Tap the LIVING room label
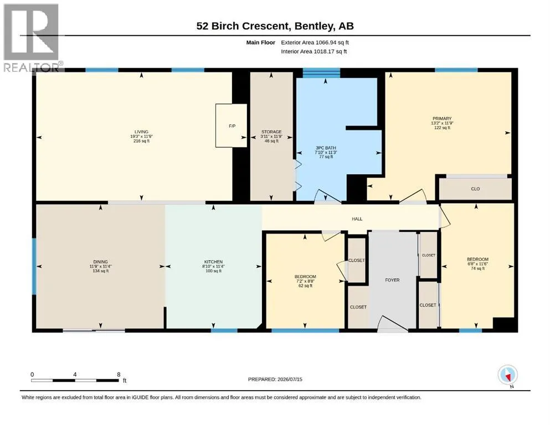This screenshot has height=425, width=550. click(x=141, y=132)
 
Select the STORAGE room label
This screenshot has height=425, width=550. click(x=271, y=132)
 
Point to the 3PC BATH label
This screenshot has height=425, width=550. click(x=326, y=148)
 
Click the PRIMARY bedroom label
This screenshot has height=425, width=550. click(x=442, y=119)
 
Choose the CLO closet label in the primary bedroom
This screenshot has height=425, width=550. click(x=475, y=189)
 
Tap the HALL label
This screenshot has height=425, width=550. click(x=357, y=219)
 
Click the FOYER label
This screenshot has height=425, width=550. click(x=392, y=281)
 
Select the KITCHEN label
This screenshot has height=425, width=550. click(x=213, y=262)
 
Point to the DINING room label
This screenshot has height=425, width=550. click(x=100, y=262)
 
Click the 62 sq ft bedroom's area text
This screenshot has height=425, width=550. click(x=305, y=286)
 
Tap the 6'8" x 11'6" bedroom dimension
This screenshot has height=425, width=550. click(x=477, y=264)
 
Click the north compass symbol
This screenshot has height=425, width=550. click(x=507, y=375)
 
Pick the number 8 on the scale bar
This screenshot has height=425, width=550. click(x=119, y=374)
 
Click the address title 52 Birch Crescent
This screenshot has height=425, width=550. click(x=243, y=26)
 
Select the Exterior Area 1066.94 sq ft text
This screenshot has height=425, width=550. click(x=315, y=43)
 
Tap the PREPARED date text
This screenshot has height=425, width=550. click(x=275, y=379)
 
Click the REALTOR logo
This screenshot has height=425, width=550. click(x=32, y=38)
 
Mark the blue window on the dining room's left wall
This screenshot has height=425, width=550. click(x=34, y=267)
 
